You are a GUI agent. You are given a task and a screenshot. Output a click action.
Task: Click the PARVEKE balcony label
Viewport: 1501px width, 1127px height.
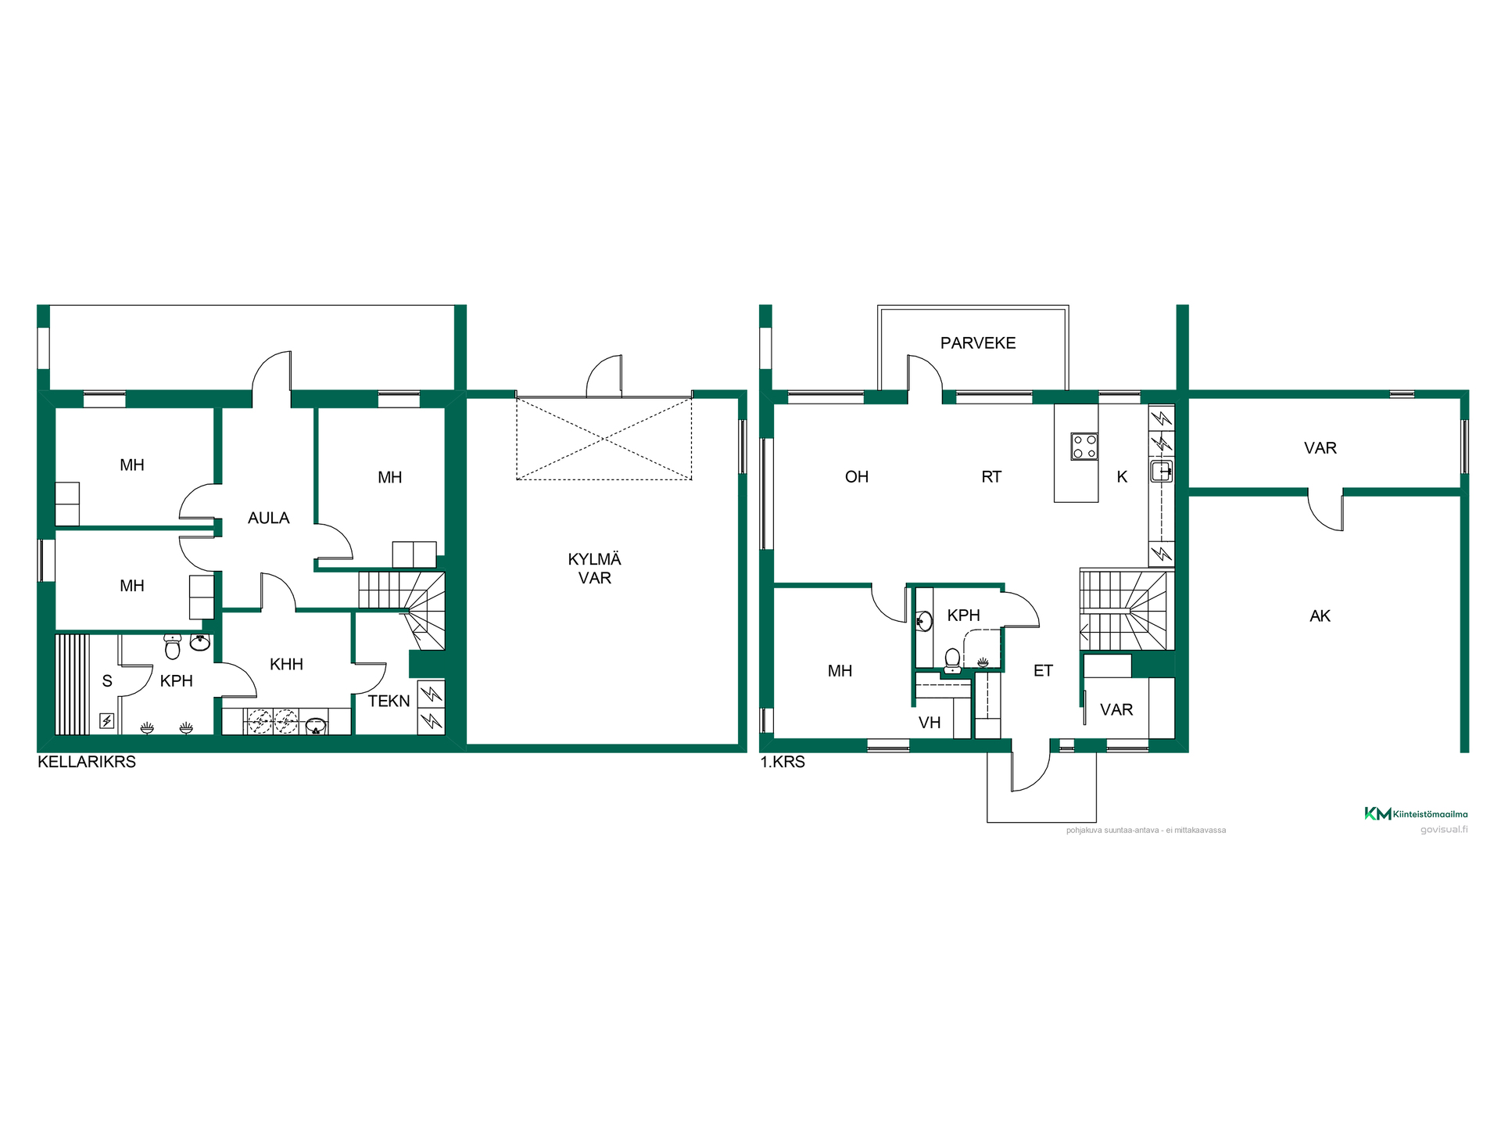pos(978,343)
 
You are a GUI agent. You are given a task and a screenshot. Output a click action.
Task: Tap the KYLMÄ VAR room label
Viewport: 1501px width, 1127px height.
pos(595,569)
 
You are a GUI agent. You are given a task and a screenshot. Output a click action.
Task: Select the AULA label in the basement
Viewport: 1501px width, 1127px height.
pos(269,518)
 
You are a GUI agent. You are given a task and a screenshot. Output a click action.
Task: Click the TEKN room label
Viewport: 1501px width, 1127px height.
pos(389,701)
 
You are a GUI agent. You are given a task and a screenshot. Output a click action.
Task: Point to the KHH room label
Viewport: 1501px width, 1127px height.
pos(286,664)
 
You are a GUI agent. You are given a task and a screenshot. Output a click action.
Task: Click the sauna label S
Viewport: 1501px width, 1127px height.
pos(107,681)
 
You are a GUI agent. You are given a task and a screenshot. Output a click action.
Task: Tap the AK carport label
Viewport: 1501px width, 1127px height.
pos(1320,616)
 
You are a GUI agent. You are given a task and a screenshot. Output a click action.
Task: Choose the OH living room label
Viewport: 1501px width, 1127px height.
pos(857,477)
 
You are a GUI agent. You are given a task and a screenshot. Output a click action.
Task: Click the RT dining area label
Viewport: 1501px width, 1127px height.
pos(991,477)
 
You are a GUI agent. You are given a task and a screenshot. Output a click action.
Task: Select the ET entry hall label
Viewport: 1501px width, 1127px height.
pos(1043,671)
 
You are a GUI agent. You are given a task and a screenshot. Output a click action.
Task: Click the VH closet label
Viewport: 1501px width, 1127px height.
pos(930,723)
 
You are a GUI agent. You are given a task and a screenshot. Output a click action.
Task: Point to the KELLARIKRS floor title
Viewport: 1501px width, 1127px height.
pos(87,762)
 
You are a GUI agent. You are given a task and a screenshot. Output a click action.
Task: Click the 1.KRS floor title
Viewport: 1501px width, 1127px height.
pos(783,762)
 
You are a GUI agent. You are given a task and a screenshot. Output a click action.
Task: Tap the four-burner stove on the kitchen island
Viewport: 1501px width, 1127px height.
pos(1084,447)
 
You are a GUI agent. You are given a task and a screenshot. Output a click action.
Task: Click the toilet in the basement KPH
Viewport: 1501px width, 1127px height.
pos(173,647)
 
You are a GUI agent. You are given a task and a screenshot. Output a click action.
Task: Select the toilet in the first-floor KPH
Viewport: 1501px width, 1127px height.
pos(952,661)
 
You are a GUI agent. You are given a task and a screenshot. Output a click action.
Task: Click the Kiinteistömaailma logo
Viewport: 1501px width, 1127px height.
pos(1416,813)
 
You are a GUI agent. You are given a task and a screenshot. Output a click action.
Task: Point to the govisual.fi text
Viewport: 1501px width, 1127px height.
pos(1444,830)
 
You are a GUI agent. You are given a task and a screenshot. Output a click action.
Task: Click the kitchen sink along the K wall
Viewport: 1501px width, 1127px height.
pos(1162,471)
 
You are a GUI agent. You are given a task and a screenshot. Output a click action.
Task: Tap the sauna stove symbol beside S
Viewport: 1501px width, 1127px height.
pos(107,720)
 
